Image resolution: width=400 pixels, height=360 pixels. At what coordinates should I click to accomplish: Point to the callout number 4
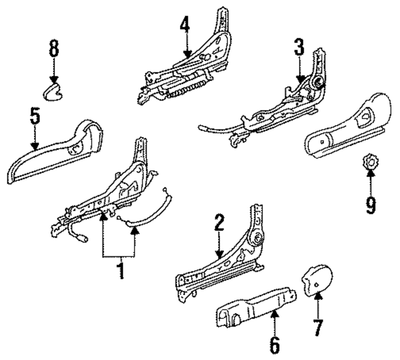click(184, 26)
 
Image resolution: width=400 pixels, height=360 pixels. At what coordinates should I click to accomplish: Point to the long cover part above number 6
click(256, 307)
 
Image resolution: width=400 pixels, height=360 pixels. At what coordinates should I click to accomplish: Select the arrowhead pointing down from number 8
click(54, 80)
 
